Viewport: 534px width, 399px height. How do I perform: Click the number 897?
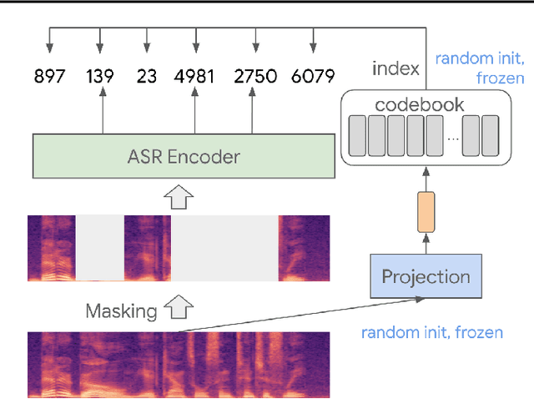49,77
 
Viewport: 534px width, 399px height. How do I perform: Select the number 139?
100,77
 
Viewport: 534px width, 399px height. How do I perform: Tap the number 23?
147,77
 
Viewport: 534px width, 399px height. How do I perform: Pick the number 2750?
254,77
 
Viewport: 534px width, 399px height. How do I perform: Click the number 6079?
313,77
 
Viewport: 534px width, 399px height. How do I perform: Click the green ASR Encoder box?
183,156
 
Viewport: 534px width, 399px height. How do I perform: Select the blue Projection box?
426,276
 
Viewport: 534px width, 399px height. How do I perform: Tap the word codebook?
420,106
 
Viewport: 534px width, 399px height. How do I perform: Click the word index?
395,68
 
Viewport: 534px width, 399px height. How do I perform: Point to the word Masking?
121,311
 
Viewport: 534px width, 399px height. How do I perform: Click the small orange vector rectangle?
426,211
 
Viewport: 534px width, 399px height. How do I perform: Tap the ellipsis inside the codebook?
452,138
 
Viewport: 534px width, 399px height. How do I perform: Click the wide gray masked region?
224,248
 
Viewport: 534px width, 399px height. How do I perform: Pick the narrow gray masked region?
100,248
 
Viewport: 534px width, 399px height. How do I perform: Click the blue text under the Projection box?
431,332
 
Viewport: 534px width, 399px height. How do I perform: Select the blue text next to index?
479,68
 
